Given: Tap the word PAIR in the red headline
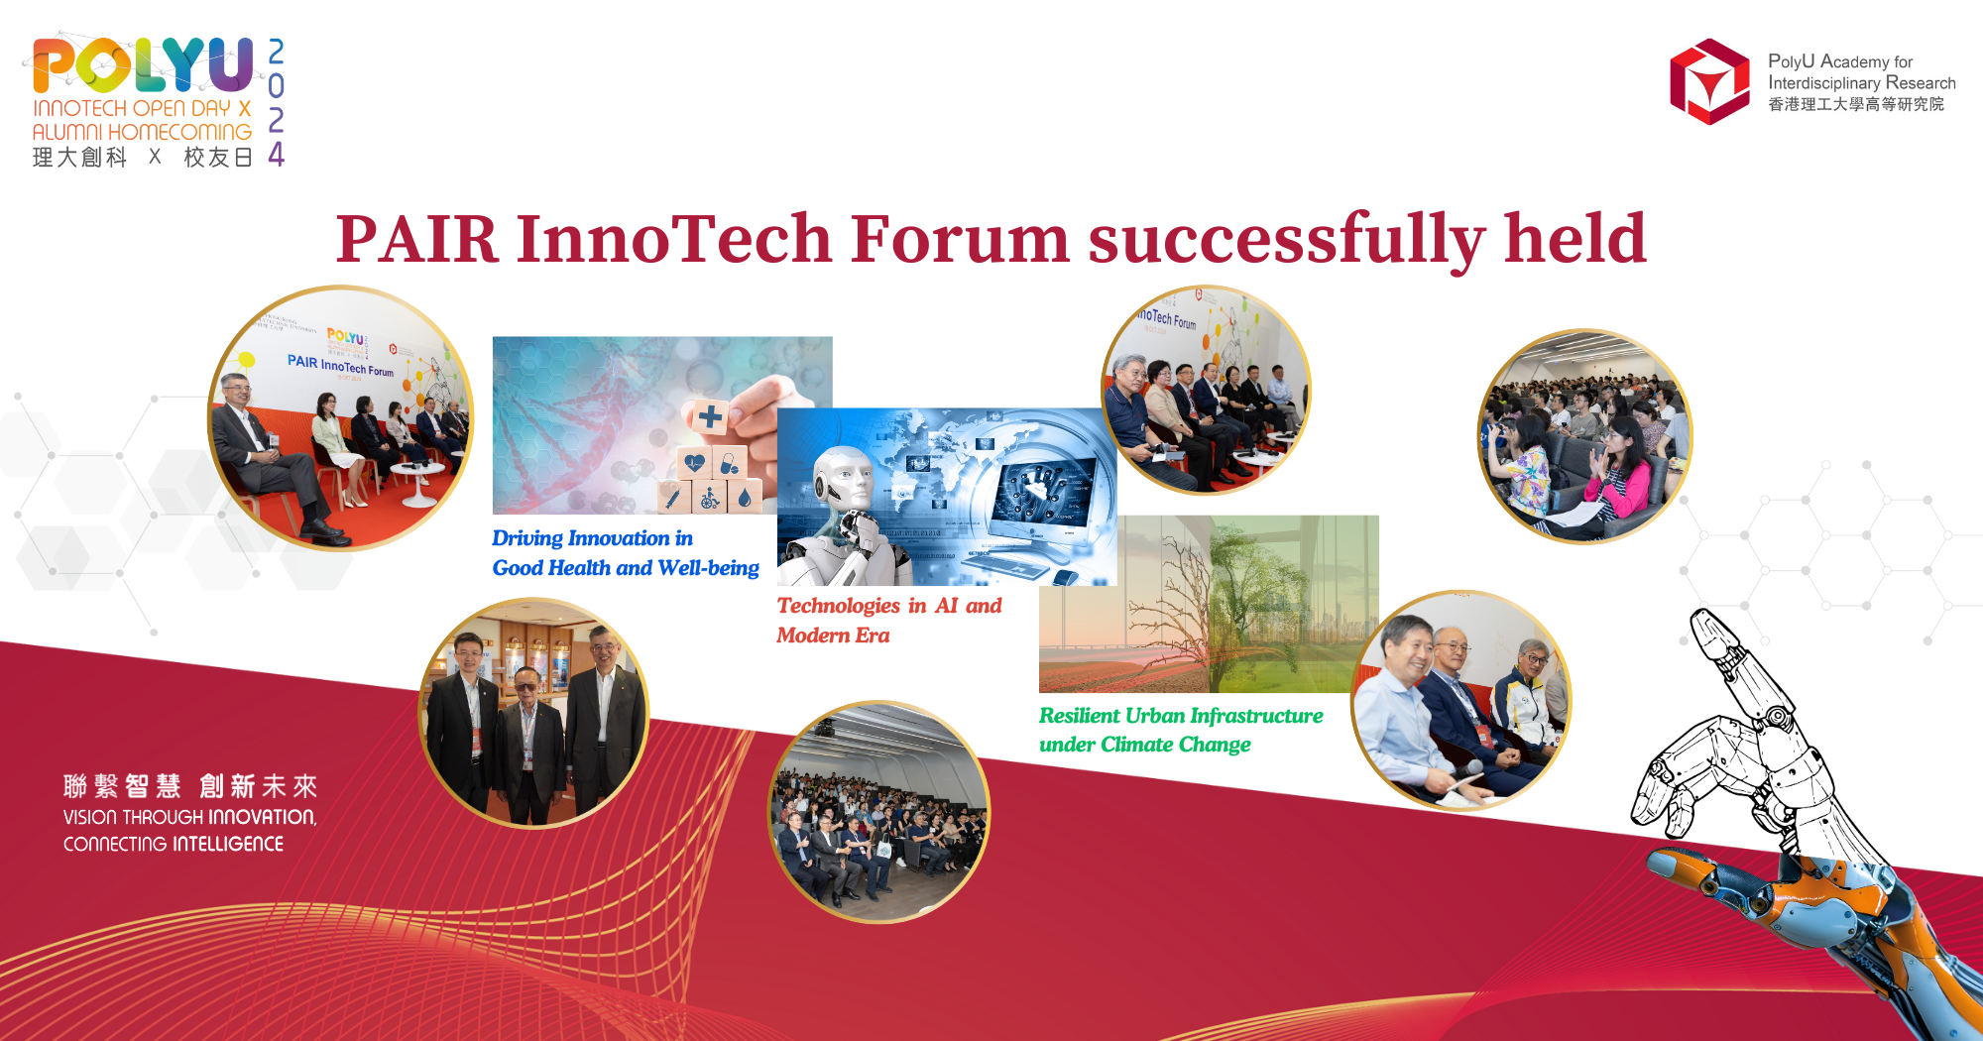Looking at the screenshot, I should [416, 240].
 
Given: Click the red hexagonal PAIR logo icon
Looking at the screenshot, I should [1708, 81].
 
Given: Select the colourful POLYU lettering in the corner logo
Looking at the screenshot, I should [144, 64].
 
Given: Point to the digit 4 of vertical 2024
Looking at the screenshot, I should [277, 155].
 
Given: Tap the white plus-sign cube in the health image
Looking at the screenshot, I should [710, 416].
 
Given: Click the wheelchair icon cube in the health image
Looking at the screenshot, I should [710, 497].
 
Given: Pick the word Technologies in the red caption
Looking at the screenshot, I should [838, 606].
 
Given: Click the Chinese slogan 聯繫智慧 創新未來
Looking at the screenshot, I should [189, 786].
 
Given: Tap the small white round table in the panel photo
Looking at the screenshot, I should [417, 476].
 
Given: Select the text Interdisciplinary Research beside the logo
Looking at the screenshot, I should [1861, 83].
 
